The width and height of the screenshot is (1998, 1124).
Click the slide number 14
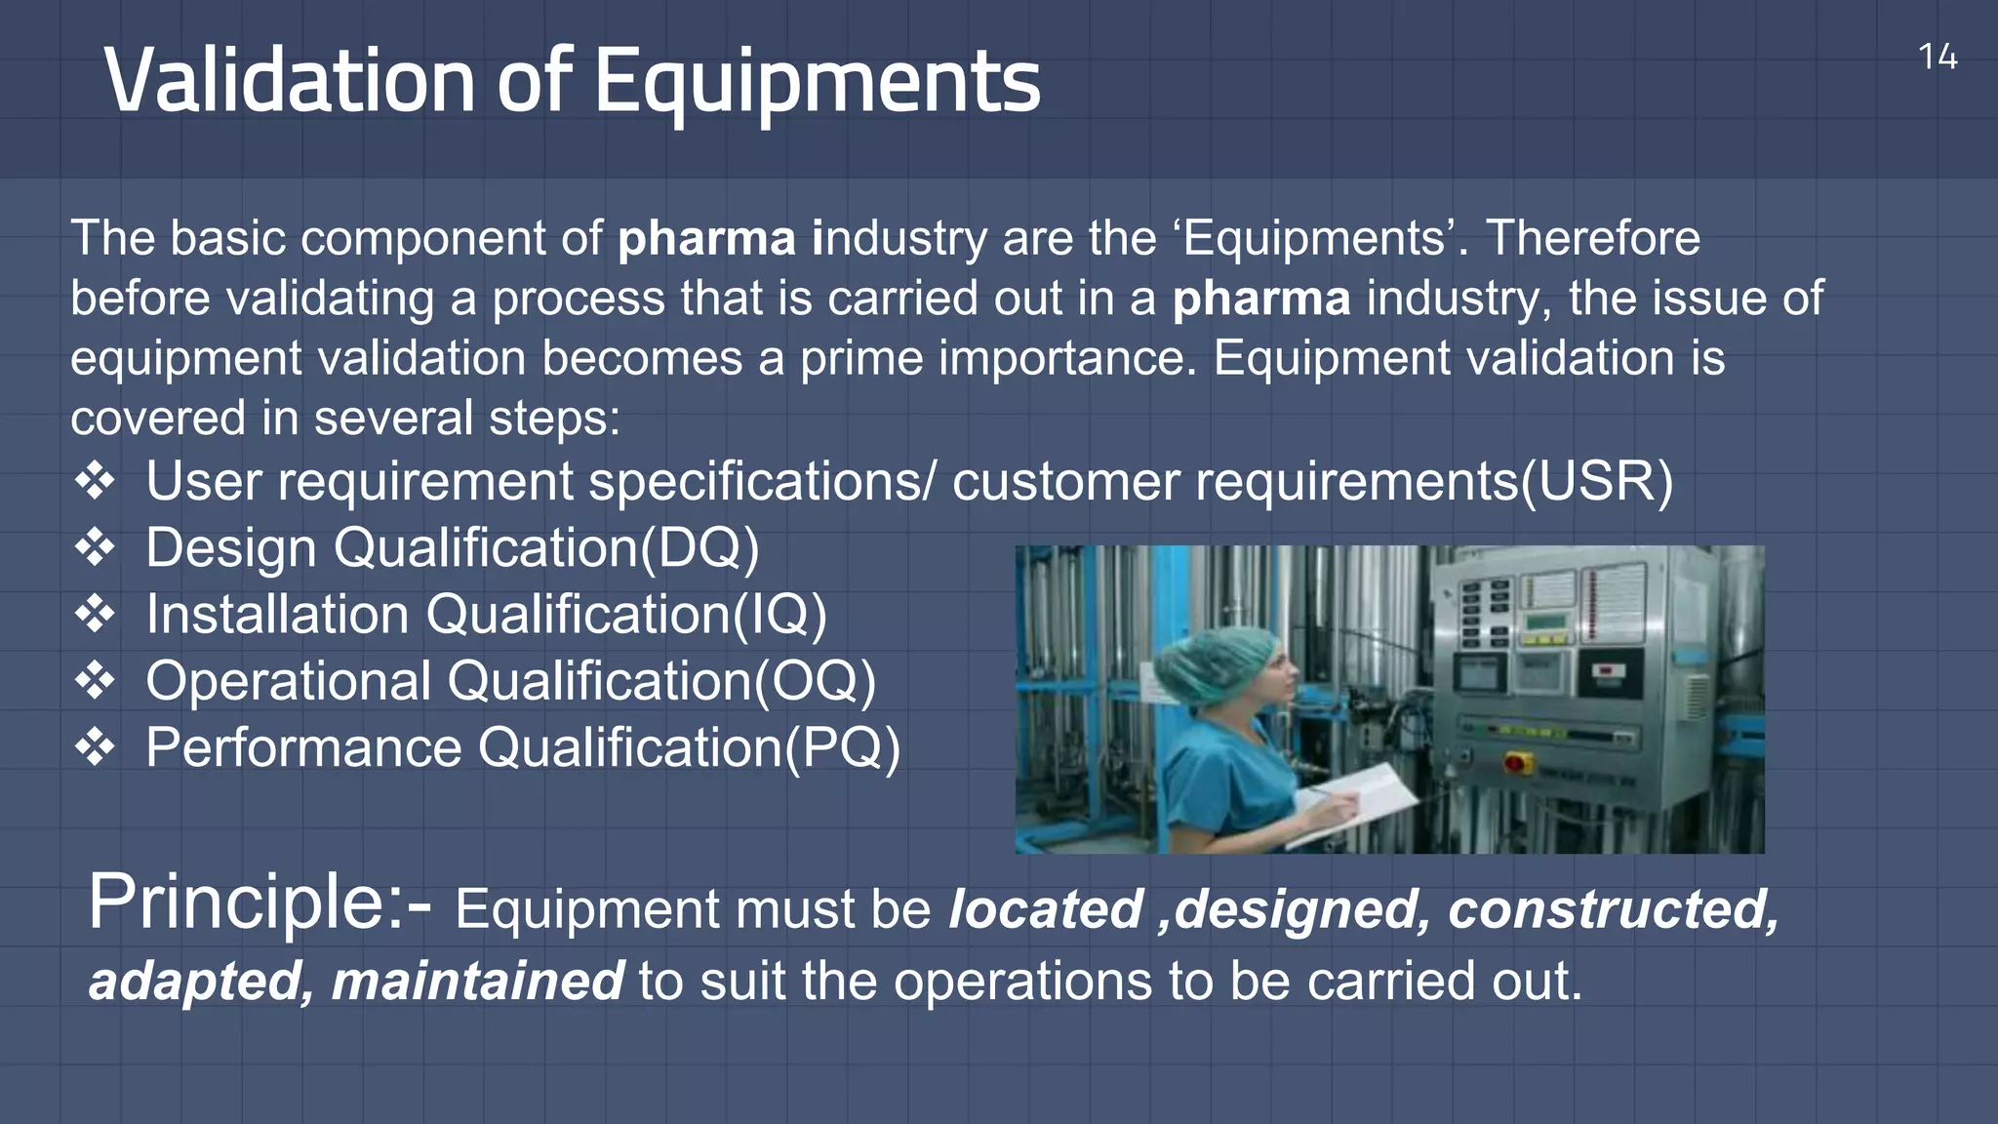(x=1937, y=58)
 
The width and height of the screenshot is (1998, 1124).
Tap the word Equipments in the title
(x=817, y=82)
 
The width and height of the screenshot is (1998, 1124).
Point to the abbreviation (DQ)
(x=699, y=548)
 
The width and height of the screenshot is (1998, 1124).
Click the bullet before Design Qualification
(x=95, y=547)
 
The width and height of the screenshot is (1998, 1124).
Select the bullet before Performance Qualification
(x=95, y=747)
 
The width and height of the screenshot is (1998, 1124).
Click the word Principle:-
(x=260, y=903)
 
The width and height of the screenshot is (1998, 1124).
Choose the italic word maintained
(x=477, y=982)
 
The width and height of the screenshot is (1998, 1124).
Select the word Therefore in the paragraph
(x=1592, y=238)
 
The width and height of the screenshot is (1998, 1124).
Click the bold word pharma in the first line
(x=705, y=239)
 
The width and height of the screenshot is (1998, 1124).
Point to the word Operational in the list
(x=289, y=681)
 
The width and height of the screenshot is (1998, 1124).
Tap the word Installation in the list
(x=277, y=615)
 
